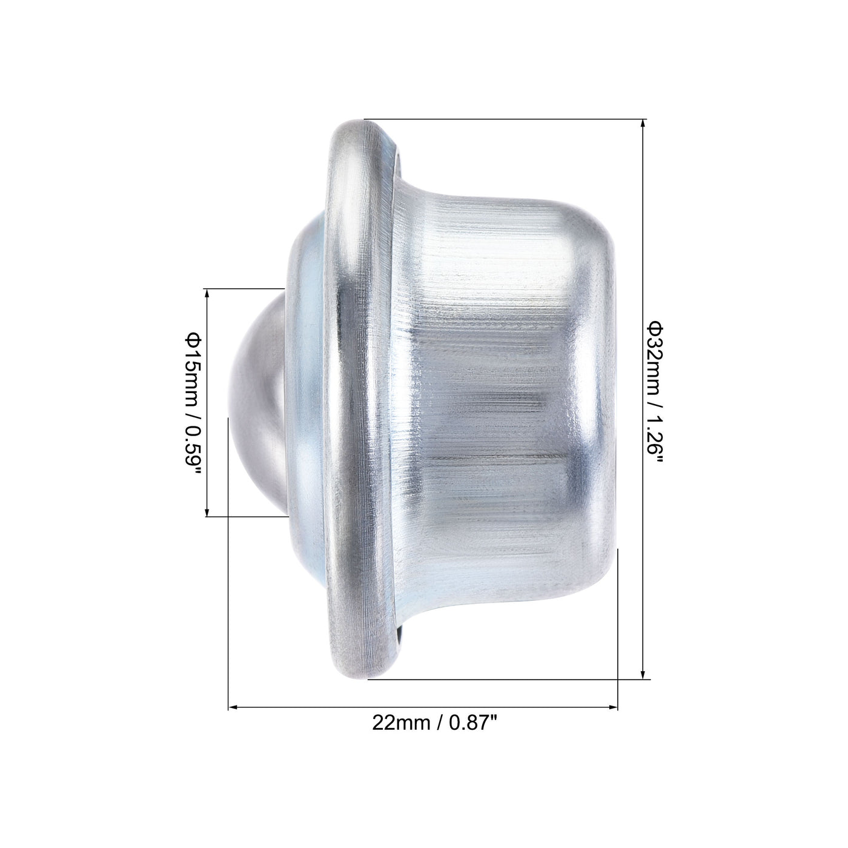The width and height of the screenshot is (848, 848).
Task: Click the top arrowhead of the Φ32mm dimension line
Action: tap(643, 124)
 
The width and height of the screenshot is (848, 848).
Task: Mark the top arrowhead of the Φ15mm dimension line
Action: tap(207, 294)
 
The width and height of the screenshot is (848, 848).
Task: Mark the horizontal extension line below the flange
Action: tap(503, 680)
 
